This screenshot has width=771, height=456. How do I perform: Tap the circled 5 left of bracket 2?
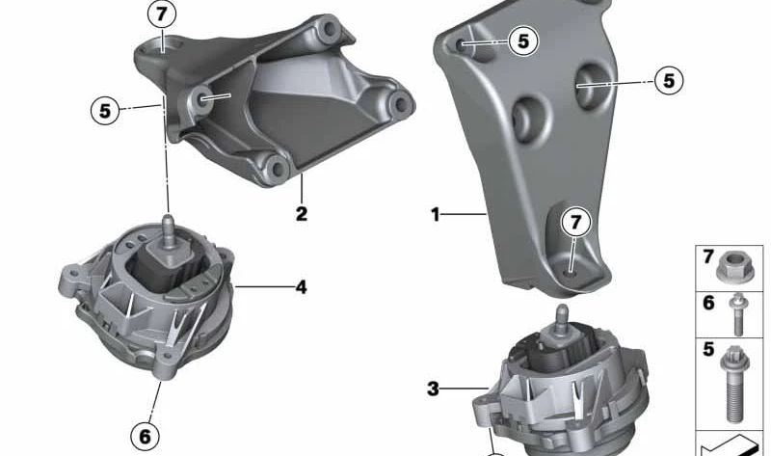pos(106,109)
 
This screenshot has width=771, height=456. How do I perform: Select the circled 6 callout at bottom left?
pos(144,436)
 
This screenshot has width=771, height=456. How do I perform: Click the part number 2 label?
pos(302,213)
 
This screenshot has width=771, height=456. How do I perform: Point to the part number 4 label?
pos(301,286)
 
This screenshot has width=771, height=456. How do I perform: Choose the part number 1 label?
pos(435,214)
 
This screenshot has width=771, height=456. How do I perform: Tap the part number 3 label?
pos(434,389)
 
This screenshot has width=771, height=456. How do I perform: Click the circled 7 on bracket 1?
pos(575,223)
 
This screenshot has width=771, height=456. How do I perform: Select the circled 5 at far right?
pos(668,81)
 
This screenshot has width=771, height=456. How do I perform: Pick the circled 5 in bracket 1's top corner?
pos(522,40)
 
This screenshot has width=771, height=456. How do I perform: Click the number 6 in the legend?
pos(708,303)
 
